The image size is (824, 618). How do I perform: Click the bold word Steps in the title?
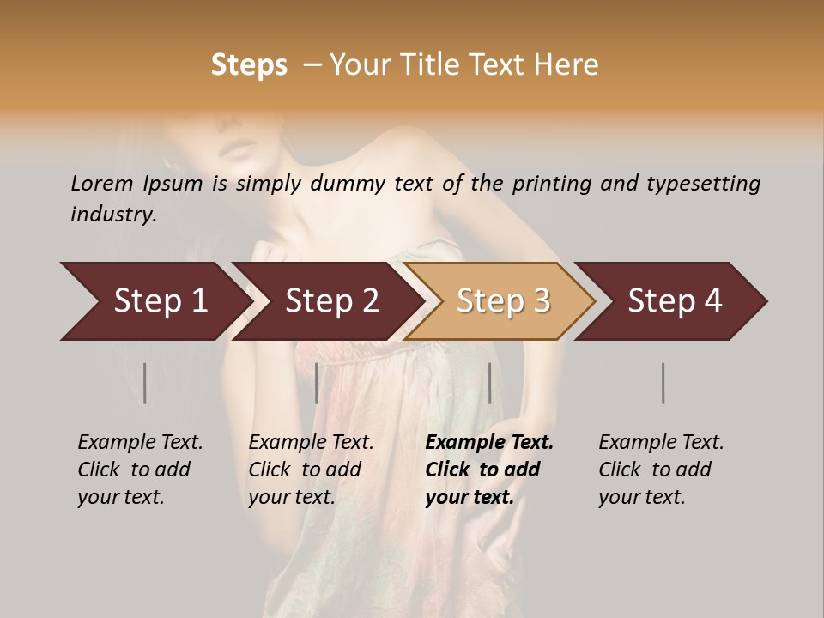coord(249,64)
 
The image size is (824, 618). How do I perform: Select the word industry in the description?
coord(112,215)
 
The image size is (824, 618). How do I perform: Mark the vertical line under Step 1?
coord(145,383)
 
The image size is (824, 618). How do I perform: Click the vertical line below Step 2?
coord(317,383)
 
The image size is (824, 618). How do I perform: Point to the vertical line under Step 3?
coord(489,383)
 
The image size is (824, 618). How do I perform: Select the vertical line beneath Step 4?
coord(663,383)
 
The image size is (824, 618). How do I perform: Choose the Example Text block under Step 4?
coord(660,470)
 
